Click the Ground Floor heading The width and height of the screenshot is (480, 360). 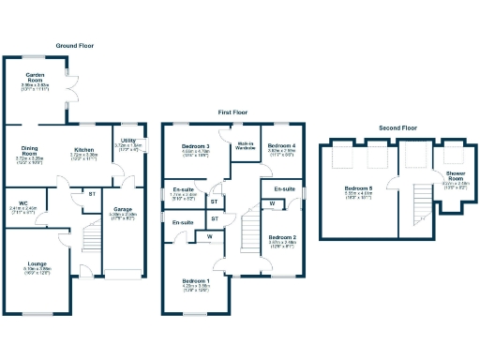tap(75, 45)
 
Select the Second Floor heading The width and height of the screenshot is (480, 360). tap(398, 127)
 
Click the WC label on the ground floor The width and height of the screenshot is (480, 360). tap(22, 202)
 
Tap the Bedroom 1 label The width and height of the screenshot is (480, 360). tap(196, 281)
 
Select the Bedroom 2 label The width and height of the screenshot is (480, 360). tap(282, 238)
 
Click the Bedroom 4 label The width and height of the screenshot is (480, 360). tap(281, 146)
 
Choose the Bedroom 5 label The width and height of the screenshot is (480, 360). tap(359, 190)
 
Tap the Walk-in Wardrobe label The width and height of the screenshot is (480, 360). tap(246, 146)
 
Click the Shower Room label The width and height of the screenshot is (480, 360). tap(455, 174)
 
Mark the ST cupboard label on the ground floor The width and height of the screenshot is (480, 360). tap(92, 194)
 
